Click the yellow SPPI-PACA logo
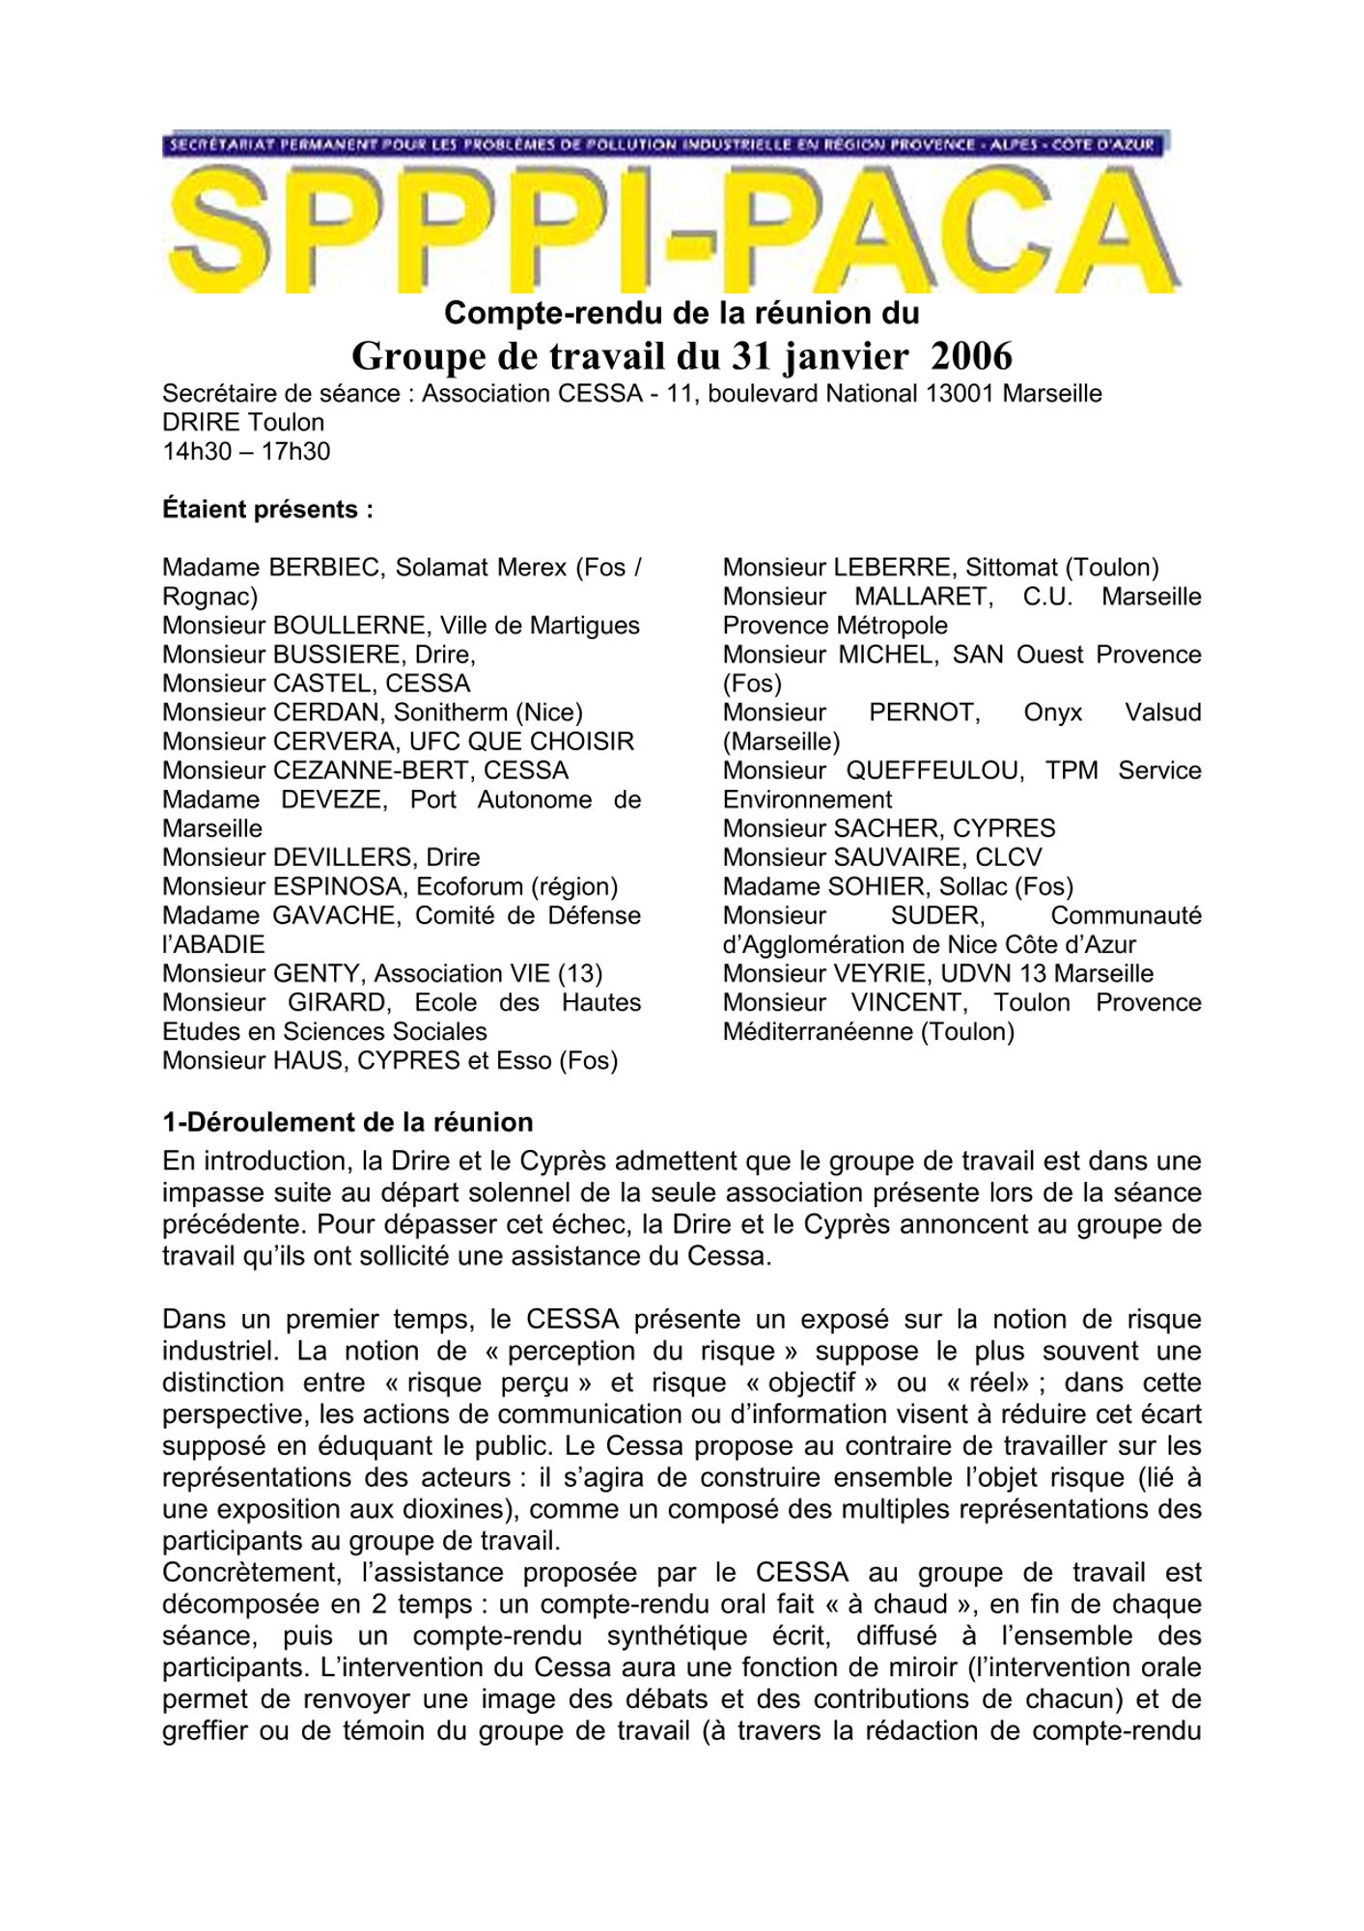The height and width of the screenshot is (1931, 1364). (x=673, y=232)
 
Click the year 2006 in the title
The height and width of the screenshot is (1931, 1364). (x=970, y=356)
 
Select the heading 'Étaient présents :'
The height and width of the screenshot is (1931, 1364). (x=267, y=510)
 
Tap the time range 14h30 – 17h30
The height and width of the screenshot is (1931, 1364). (x=246, y=451)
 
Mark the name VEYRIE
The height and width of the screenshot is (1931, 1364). (x=882, y=973)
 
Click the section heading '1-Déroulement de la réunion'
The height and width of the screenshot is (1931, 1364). (x=348, y=1122)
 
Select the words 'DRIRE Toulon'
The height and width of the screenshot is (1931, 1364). (x=243, y=422)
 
